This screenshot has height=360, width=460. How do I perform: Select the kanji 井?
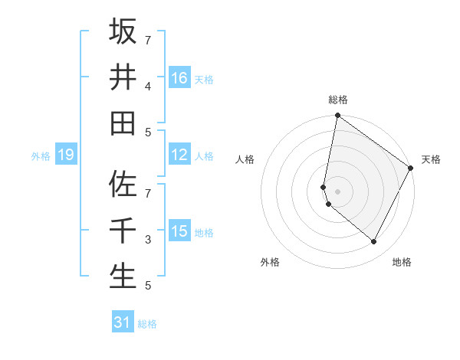coord(123,77)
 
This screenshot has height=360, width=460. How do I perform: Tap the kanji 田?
coord(123,123)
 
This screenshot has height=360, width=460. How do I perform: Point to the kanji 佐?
coord(123,185)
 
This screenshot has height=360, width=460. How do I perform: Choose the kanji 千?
coord(123,231)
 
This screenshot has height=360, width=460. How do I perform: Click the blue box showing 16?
coord(179,78)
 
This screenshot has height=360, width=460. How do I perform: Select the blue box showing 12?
coord(179,155)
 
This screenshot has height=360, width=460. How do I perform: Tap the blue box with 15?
coord(179,231)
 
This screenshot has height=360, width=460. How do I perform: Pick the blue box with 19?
coord(65,155)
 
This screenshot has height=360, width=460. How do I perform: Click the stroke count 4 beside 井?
coord(148,86)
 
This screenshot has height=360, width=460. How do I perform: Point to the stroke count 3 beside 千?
coord(148,240)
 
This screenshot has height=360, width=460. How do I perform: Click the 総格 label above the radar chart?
coord(338,100)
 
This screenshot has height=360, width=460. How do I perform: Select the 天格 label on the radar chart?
coord(431,160)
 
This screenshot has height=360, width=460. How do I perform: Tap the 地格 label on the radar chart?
coord(402,262)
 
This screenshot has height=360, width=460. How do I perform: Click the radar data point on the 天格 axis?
coord(411,169)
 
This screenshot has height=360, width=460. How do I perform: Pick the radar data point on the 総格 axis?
coord(337,116)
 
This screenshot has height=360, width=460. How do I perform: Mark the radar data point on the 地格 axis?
coord(374,241)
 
